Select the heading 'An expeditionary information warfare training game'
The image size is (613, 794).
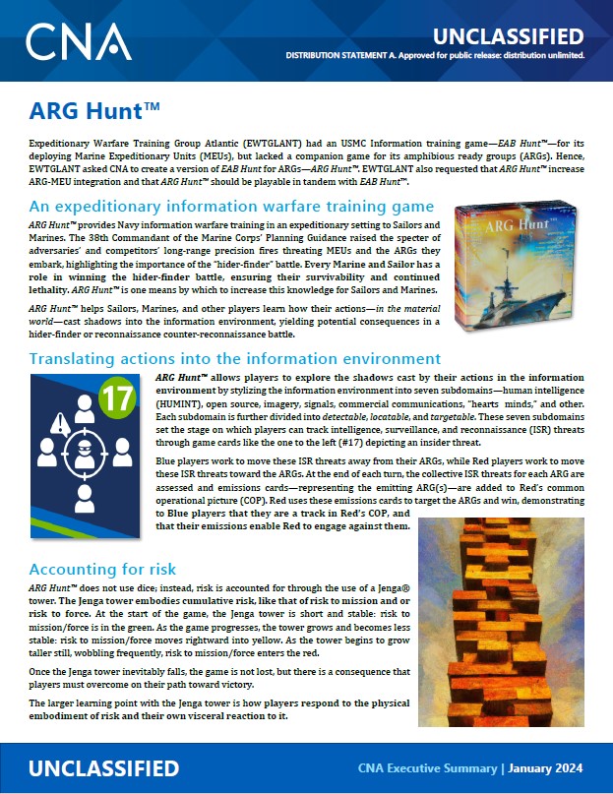(231, 207)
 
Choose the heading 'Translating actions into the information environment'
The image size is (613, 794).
(235, 359)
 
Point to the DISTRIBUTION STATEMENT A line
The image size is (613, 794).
(435, 56)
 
